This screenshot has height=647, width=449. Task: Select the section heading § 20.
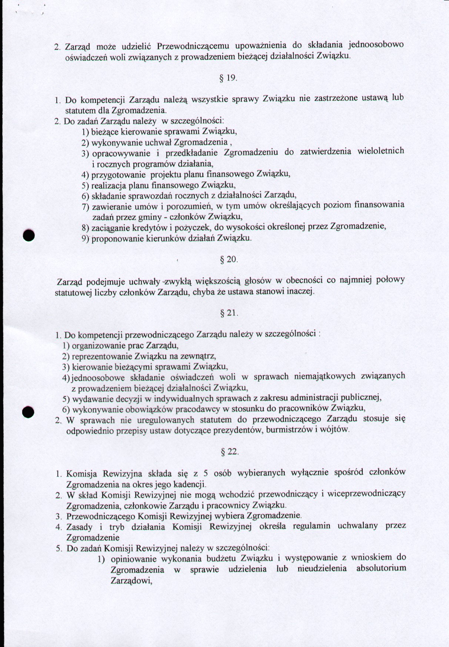coord(229,259)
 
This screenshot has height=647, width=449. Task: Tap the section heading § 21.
coord(229,313)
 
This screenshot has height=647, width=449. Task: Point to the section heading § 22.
coord(229,452)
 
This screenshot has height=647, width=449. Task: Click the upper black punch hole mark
coord(29,235)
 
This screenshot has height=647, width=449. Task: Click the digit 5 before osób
coord(206,473)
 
